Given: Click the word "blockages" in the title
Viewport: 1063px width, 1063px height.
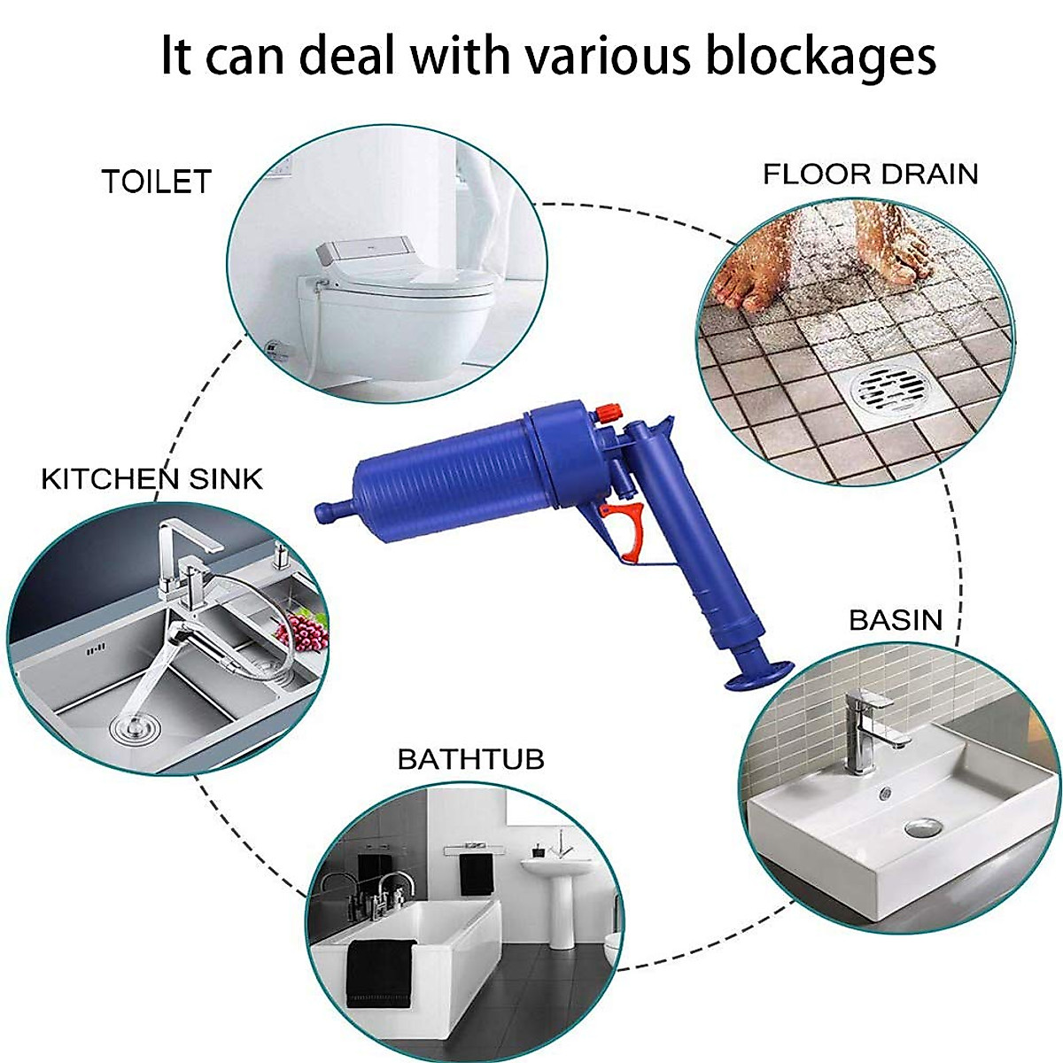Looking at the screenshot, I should [821, 56].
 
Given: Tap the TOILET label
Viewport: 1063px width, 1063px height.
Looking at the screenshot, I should [157, 182].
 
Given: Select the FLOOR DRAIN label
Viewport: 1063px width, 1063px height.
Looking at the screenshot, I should [870, 174].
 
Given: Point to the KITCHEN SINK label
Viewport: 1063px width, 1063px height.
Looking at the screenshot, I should [152, 479].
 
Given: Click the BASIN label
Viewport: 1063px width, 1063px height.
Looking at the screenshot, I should [896, 619].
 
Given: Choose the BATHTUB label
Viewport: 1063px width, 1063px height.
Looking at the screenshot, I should [470, 759].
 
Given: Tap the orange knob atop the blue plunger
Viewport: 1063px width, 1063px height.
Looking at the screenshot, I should [609, 412].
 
